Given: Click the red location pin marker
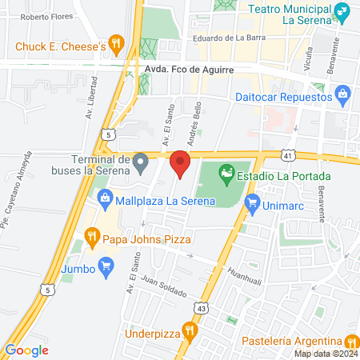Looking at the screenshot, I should pos(181,164).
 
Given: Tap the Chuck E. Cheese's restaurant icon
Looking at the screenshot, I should pos(117,46).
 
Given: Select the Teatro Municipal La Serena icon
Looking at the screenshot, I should pos(342,12).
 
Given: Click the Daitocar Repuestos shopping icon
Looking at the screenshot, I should pos(343,97).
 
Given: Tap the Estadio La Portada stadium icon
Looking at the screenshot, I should pos(227,171).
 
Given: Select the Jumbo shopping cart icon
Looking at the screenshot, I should pos(103,265).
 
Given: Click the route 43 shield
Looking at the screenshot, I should pos(201,307).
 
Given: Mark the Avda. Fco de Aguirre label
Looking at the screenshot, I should pos(190,70).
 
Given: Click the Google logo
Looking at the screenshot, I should pos(26,350).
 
